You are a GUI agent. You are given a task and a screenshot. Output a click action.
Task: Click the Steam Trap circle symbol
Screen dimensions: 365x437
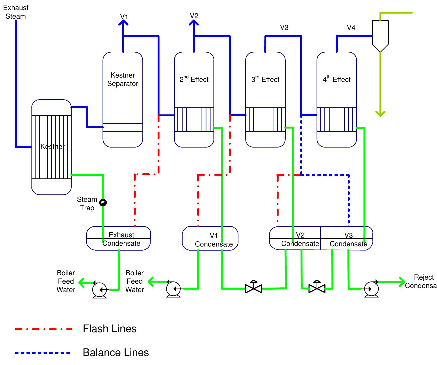click(x=103, y=203)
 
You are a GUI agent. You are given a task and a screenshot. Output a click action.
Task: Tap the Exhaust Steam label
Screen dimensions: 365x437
click(x=16, y=12)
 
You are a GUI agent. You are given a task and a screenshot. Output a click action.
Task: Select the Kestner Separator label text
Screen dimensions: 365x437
click(x=123, y=79)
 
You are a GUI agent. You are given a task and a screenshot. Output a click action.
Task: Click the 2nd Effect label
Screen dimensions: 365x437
click(x=194, y=79)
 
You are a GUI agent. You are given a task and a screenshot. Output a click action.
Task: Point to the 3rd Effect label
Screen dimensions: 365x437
click(x=265, y=79)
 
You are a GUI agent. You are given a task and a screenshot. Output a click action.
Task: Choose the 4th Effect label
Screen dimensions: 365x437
click(x=337, y=79)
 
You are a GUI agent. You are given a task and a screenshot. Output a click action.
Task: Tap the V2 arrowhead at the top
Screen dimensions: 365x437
click(x=194, y=22)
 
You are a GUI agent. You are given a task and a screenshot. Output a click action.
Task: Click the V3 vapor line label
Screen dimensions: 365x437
click(x=284, y=27)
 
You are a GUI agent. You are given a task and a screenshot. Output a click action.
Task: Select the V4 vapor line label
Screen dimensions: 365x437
click(x=351, y=28)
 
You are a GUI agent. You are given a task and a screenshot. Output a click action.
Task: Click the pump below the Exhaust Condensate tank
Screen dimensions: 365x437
click(x=99, y=290)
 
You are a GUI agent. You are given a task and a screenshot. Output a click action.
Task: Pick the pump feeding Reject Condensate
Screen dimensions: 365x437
click(x=371, y=289)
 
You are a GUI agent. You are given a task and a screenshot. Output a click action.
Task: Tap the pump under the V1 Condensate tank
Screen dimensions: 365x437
click(x=173, y=289)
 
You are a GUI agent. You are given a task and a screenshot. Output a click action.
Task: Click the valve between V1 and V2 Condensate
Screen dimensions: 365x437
click(x=254, y=288)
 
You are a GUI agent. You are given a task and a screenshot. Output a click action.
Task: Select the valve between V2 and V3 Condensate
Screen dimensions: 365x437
click(x=317, y=288)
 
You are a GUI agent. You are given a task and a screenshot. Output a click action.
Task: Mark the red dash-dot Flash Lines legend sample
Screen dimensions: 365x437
click(x=44, y=329)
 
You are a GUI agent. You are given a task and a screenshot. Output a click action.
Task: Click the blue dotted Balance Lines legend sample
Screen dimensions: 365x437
click(x=43, y=353)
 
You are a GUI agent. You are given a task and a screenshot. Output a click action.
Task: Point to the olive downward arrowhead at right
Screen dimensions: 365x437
click(x=381, y=114)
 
